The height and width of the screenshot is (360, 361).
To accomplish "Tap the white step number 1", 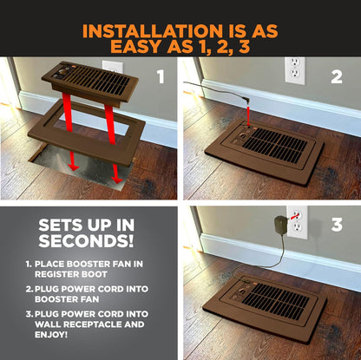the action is pos(161,76).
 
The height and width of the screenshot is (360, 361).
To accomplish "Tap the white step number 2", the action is pos(337,76).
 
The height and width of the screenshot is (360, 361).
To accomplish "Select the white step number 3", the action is pos(337,225).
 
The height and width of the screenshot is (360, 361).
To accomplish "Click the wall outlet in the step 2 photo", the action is pos(295,70).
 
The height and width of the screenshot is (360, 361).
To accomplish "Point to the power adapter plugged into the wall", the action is pos(280,225).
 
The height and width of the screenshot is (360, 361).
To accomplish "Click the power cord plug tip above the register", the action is pos(246,101).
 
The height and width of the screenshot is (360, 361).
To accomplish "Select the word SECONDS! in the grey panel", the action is pos(86,240).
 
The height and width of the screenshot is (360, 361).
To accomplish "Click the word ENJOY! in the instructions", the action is pos(51,335).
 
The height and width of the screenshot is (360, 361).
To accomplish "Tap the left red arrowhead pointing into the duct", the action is pos(74,167).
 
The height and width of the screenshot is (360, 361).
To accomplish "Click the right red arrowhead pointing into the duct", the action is pos(116,179).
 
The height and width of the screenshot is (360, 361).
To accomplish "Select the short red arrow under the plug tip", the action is pos(248,115).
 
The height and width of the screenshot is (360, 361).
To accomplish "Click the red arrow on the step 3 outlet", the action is pos(294,216).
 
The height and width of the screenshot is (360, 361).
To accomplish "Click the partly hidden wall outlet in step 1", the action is pos(113,66).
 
